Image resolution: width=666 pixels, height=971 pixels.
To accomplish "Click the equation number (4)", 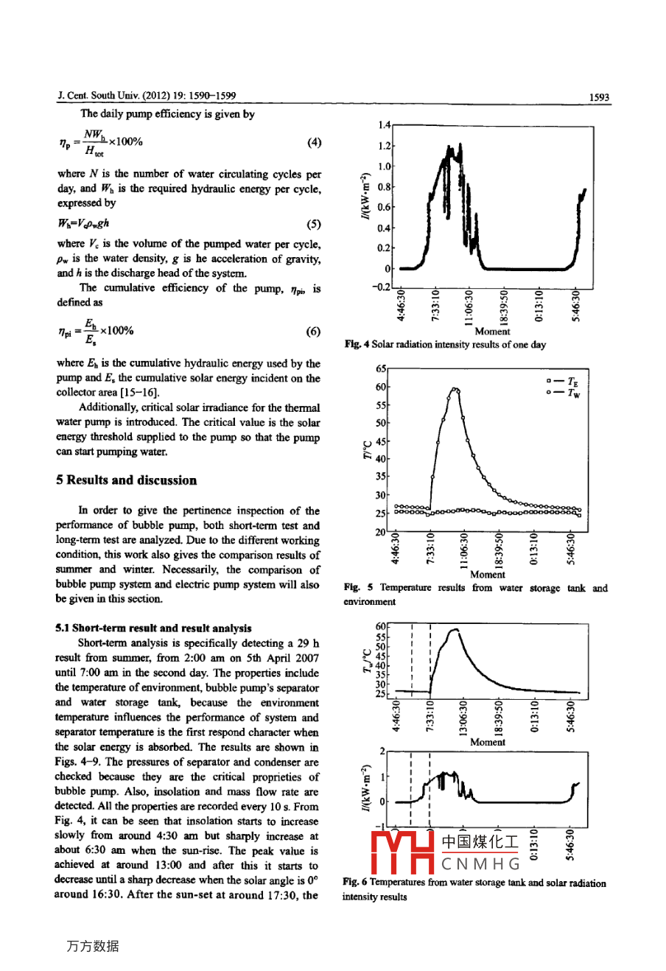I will [314, 142].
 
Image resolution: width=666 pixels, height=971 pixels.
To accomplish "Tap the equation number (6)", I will [314, 332].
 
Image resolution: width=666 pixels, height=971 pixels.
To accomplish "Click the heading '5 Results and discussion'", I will [127, 480].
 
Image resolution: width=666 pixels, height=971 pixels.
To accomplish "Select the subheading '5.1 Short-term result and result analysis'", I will [153, 628].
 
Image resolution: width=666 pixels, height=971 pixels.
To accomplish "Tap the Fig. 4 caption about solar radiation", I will [445, 345].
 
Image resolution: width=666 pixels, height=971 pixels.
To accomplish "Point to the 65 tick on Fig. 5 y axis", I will [381, 368].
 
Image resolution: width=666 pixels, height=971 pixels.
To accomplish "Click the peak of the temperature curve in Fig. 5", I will [455, 389].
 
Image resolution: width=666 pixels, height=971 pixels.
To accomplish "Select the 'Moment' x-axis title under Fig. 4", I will [493, 332].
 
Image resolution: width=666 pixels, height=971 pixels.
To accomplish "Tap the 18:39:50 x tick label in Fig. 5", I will [499, 549].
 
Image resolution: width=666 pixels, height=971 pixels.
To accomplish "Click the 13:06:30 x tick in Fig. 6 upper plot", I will [463, 717].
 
